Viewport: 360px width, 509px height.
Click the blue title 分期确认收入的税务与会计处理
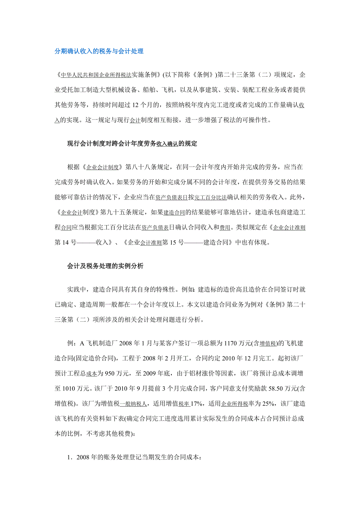[x=99, y=51]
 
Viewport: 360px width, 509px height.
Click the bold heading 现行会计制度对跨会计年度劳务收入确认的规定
[x=132, y=144]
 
